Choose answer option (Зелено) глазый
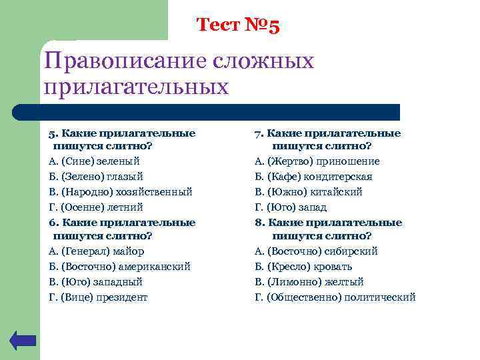click(96, 177)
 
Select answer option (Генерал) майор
click(96, 251)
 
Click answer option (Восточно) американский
click(119, 267)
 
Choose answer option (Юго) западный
click(95, 282)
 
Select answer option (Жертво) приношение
click(317, 161)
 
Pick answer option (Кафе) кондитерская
click(313, 177)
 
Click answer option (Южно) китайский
click(308, 192)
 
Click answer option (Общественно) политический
click(335, 297)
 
